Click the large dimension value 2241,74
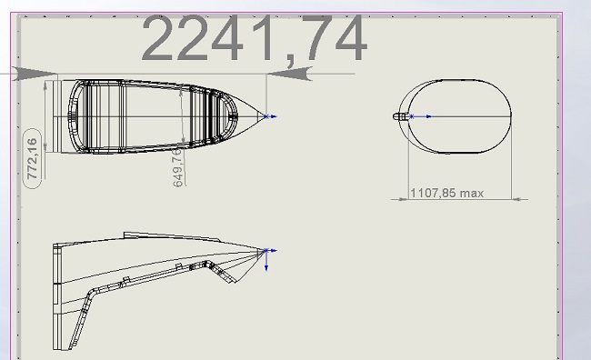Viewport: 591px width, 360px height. click(x=254, y=37)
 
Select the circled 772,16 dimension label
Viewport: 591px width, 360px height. click(x=33, y=158)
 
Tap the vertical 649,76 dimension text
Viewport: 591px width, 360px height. click(x=178, y=167)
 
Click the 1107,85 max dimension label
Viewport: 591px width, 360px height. click(x=446, y=193)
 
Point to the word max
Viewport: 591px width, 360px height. click(x=472, y=194)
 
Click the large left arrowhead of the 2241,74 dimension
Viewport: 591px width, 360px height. click(x=35, y=74)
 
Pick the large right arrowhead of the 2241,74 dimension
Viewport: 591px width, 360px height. click(x=289, y=74)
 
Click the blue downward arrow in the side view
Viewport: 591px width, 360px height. click(x=266, y=262)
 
